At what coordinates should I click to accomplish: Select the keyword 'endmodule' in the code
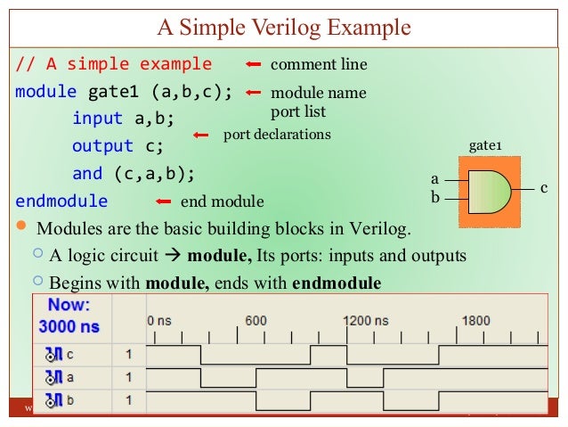[x=61, y=201]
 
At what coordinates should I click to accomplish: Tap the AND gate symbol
[x=488, y=188]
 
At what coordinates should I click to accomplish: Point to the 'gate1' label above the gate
[x=486, y=145]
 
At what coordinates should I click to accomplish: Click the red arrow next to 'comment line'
[x=254, y=65]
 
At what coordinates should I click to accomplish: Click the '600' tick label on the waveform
[x=256, y=321]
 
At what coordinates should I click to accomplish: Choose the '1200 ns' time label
[x=367, y=321]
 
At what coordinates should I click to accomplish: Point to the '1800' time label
[x=475, y=321]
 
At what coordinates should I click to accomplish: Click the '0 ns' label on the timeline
[x=160, y=321]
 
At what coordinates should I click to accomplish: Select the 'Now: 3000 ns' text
[x=69, y=316]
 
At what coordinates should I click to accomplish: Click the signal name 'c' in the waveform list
[x=69, y=355]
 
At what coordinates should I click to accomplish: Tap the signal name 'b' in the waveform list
[x=69, y=400]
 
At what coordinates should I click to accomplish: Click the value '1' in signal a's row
[x=128, y=377]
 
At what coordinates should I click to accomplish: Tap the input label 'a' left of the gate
[x=435, y=179]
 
